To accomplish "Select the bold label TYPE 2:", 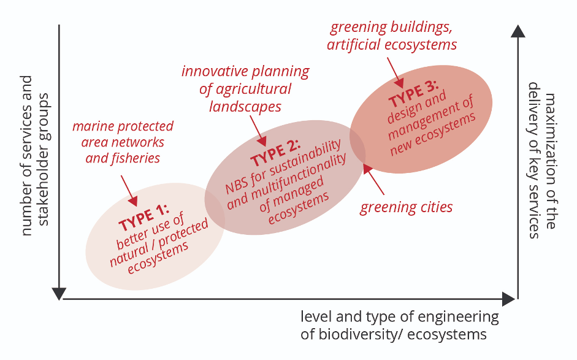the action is click(x=275, y=153).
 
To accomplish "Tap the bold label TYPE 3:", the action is click(x=414, y=93).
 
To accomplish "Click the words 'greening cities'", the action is click(x=407, y=207).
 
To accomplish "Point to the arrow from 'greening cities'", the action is click(x=373, y=180).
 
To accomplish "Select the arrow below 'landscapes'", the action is click(x=258, y=131).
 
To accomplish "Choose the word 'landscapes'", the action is click(x=245, y=107).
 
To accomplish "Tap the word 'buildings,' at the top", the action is click(x=421, y=28).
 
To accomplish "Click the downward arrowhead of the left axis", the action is click(x=59, y=294).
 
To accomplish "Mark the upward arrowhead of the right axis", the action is click(x=518, y=31).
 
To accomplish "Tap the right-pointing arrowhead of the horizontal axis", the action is click(x=509, y=299).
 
